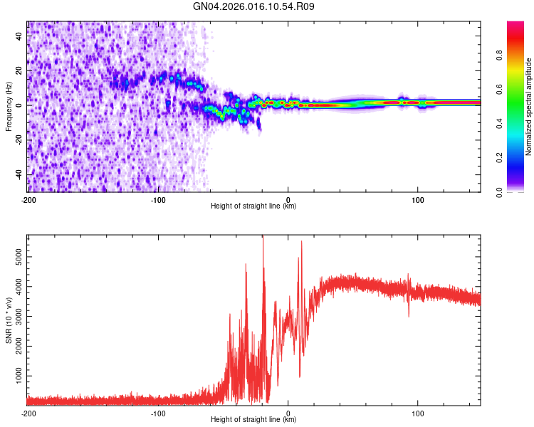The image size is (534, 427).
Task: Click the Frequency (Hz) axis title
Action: tap(9, 107)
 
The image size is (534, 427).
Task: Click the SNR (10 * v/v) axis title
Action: tap(9, 320)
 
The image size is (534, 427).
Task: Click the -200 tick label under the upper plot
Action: tap(28, 199)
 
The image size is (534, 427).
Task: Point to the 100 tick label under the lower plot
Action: tap(418, 413)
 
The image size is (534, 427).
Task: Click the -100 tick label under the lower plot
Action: tap(158, 413)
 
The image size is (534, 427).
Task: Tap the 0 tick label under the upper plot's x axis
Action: tap(288, 199)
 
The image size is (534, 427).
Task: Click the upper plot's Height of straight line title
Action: tap(253, 206)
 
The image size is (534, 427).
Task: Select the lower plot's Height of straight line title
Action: tap(253, 420)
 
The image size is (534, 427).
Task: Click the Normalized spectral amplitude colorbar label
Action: tap(529, 107)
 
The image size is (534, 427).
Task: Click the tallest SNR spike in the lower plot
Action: tap(263, 238)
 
